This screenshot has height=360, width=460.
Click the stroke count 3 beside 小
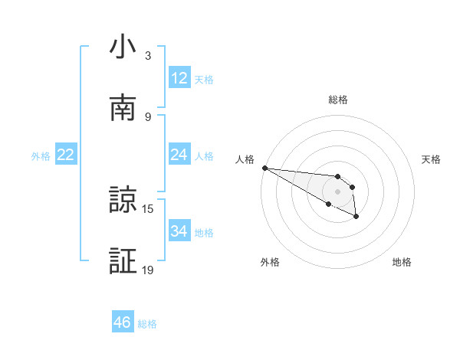pos(147,56)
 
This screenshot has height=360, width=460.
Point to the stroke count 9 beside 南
pos(147,116)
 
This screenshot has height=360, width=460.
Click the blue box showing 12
pos(179,78)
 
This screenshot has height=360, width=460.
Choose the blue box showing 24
pos(179,155)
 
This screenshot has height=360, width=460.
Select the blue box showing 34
pos(179,231)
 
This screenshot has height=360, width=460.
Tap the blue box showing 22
pos(66,155)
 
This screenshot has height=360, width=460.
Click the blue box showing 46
pos(123,322)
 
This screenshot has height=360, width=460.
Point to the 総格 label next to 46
pos(147,324)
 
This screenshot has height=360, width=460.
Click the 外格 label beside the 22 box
pos(41,156)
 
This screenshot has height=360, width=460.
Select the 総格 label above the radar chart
pos(338,100)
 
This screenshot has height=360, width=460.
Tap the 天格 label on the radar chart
pos(432,159)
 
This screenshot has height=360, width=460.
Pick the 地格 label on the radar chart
pos(402,262)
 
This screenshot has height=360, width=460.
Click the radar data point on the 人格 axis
pos(264,168)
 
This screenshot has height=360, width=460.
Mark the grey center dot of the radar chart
pos(337,191)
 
